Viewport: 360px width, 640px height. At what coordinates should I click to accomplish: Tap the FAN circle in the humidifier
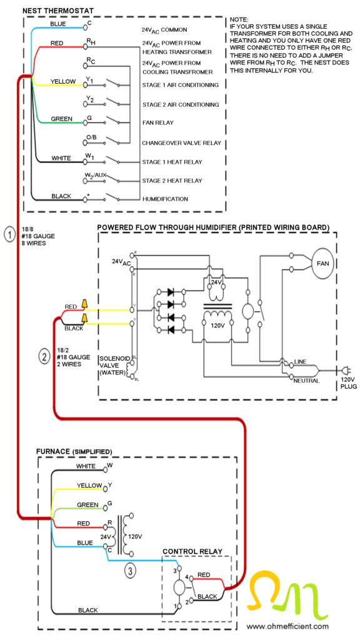pyautogui.click(x=322, y=262)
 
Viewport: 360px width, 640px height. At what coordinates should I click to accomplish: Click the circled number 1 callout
pyautogui.click(x=9, y=235)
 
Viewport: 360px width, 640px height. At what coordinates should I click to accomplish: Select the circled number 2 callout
pyautogui.click(x=44, y=357)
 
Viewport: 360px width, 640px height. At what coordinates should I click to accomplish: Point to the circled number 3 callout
pyautogui.click(x=129, y=570)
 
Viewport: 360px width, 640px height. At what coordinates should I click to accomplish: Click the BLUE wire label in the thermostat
pyautogui.click(x=58, y=24)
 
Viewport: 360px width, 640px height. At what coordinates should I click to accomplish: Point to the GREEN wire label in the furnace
pyautogui.click(x=87, y=504)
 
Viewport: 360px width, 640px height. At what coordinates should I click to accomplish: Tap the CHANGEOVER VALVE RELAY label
pyautogui.click(x=181, y=142)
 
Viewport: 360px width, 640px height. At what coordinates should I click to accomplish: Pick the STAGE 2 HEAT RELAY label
pyautogui.click(x=172, y=180)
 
